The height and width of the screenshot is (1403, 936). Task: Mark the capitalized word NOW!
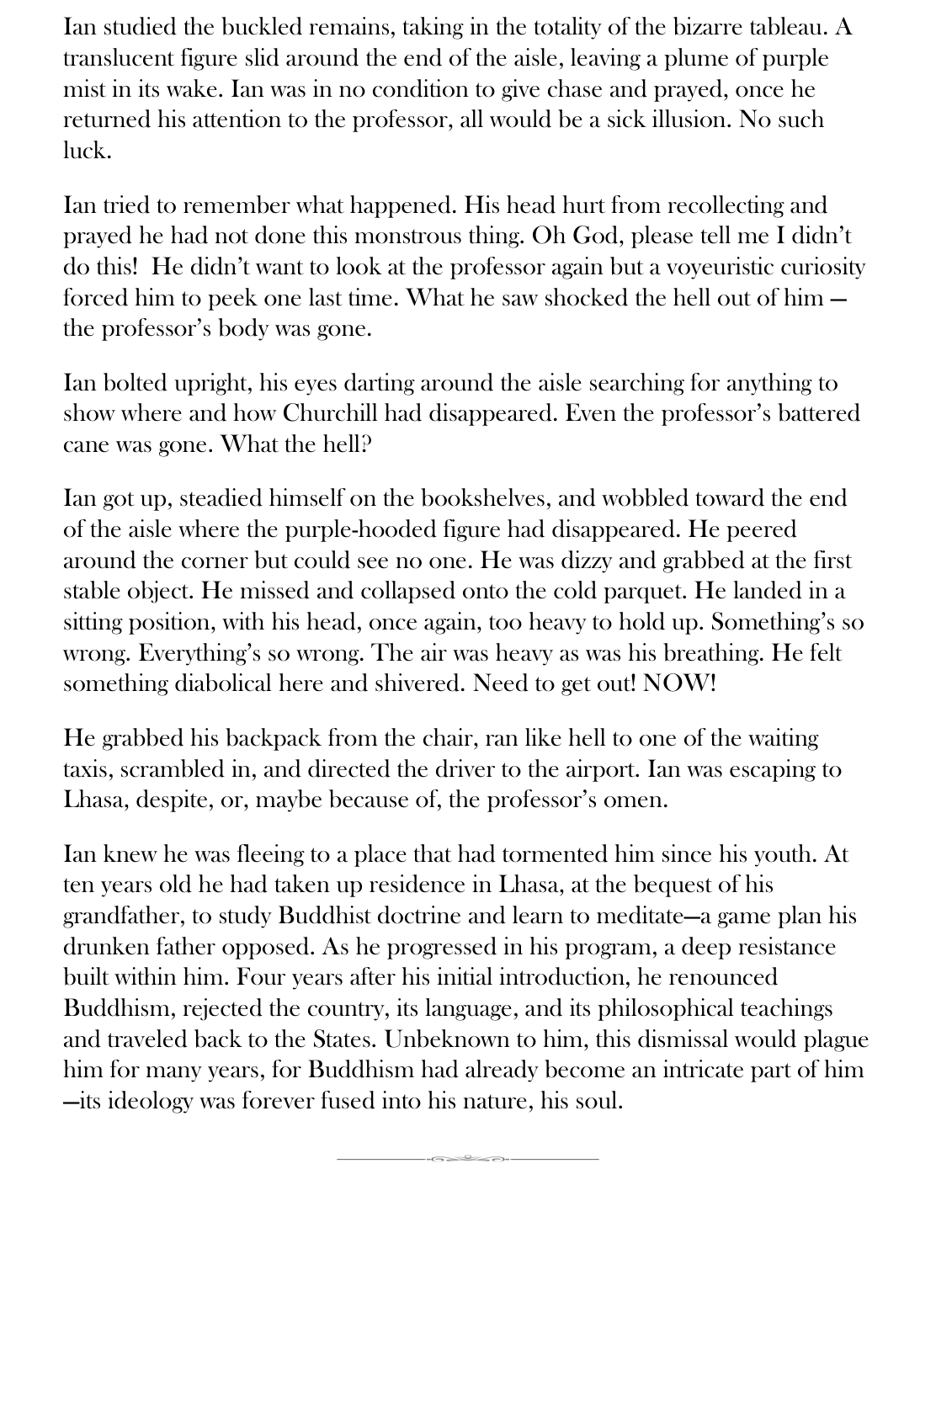pos(679,684)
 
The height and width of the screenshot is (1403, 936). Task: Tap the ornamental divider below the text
pos(468,1160)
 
